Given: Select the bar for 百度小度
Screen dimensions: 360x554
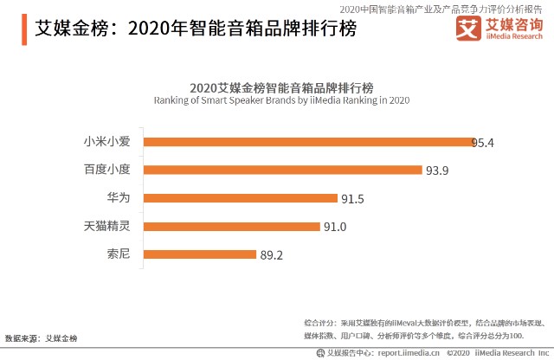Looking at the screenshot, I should [282, 170].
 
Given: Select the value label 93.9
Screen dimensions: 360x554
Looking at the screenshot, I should [437, 170].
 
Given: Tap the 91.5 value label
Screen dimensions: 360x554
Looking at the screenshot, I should [352, 198].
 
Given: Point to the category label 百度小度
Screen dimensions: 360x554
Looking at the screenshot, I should [106, 170].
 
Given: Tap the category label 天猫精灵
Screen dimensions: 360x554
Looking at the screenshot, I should [106, 227].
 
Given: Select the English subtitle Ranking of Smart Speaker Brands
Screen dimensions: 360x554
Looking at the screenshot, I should [281, 100].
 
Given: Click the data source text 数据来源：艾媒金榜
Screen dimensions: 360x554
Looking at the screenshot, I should [41, 337].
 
